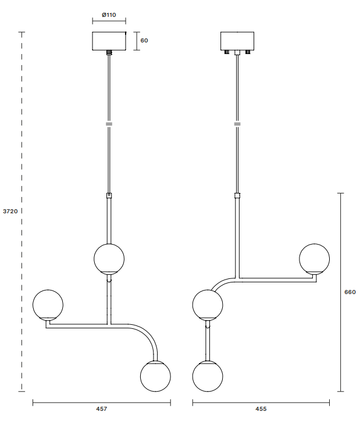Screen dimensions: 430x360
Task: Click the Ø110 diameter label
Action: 108,13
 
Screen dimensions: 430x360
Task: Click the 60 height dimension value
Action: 144,41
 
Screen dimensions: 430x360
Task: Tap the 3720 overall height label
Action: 10,212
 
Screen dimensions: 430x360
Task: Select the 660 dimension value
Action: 350,292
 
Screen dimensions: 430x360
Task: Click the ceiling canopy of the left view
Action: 109,41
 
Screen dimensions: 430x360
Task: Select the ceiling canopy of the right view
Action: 237,41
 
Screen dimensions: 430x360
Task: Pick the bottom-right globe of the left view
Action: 155,375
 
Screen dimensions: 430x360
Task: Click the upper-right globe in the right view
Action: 314,259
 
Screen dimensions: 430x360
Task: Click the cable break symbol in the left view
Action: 109,124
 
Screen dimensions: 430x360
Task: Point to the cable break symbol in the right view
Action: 237,124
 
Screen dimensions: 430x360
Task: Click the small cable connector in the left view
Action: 109,196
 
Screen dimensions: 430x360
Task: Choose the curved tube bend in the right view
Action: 222,283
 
